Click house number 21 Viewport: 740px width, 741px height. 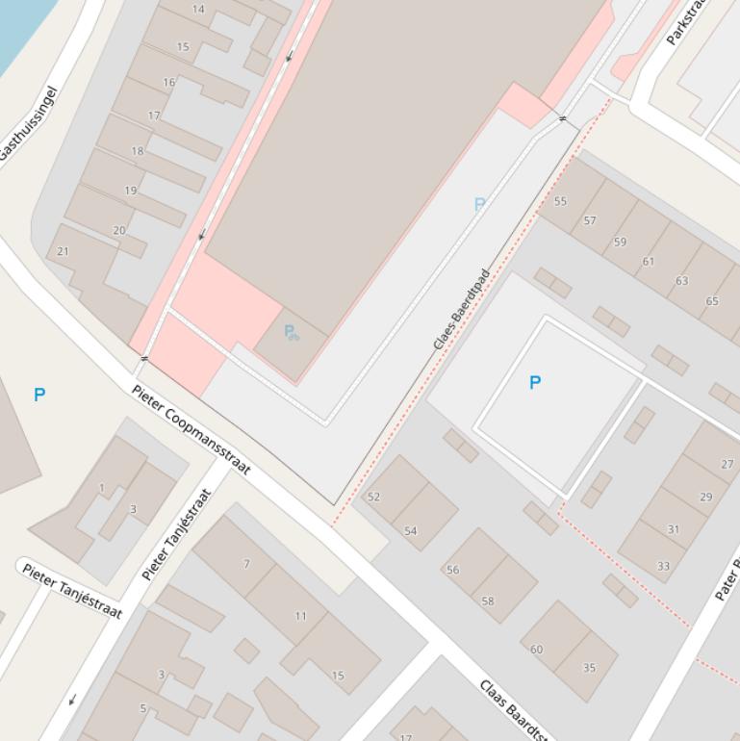pyautogui.click(x=63, y=251)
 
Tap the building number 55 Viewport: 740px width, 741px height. pyautogui.click(x=560, y=201)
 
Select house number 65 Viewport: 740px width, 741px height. pyautogui.click(x=712, y=301)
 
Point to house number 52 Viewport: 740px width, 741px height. pyautogui.click(x=373, y=497)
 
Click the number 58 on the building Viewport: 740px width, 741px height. pyautogui.click(x=488, y=601)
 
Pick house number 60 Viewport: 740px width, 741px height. pyautogui.click(x=536, y=650)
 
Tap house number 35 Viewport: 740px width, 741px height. pyautogui.click(x=589, y=667)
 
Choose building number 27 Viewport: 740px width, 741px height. pyautogui.click(x=727, y=464)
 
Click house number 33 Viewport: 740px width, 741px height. pyautogui.click(x=663, y=566)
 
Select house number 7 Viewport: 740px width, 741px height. pyautogui.click(x=246, y=564)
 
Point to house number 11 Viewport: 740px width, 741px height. pyautogui.click(x=301, y=616)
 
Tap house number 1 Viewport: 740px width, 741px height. pyautogui.click(x=102, y=488)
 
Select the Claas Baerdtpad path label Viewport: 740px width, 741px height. pyautogui.click(x=461, y=309)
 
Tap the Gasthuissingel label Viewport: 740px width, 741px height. pyautogui.click(x=30, y=125)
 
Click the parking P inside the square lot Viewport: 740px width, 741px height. pyautogui.click(x=535, y=382)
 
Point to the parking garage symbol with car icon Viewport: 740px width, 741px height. pyautogui.click(x=291, y=332)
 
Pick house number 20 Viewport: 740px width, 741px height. pyautogui.click(x=119, y=230)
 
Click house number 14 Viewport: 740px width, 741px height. pyautogui.click(x=198, y=10)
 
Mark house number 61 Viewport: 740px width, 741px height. pyautogui.click(x=648, y=261)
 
